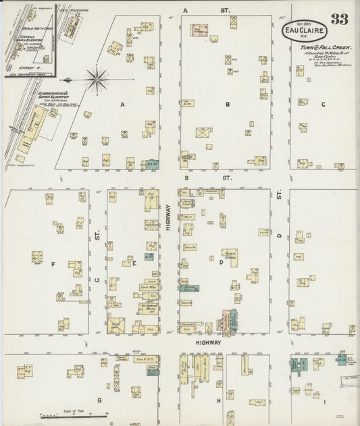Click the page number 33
click(x=339, y=18)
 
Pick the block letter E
click(x=134, y=263)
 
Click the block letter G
click(x=99, y=400)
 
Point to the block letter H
click(x=219, y=401)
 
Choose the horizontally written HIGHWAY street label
click(x=208, y=343)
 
